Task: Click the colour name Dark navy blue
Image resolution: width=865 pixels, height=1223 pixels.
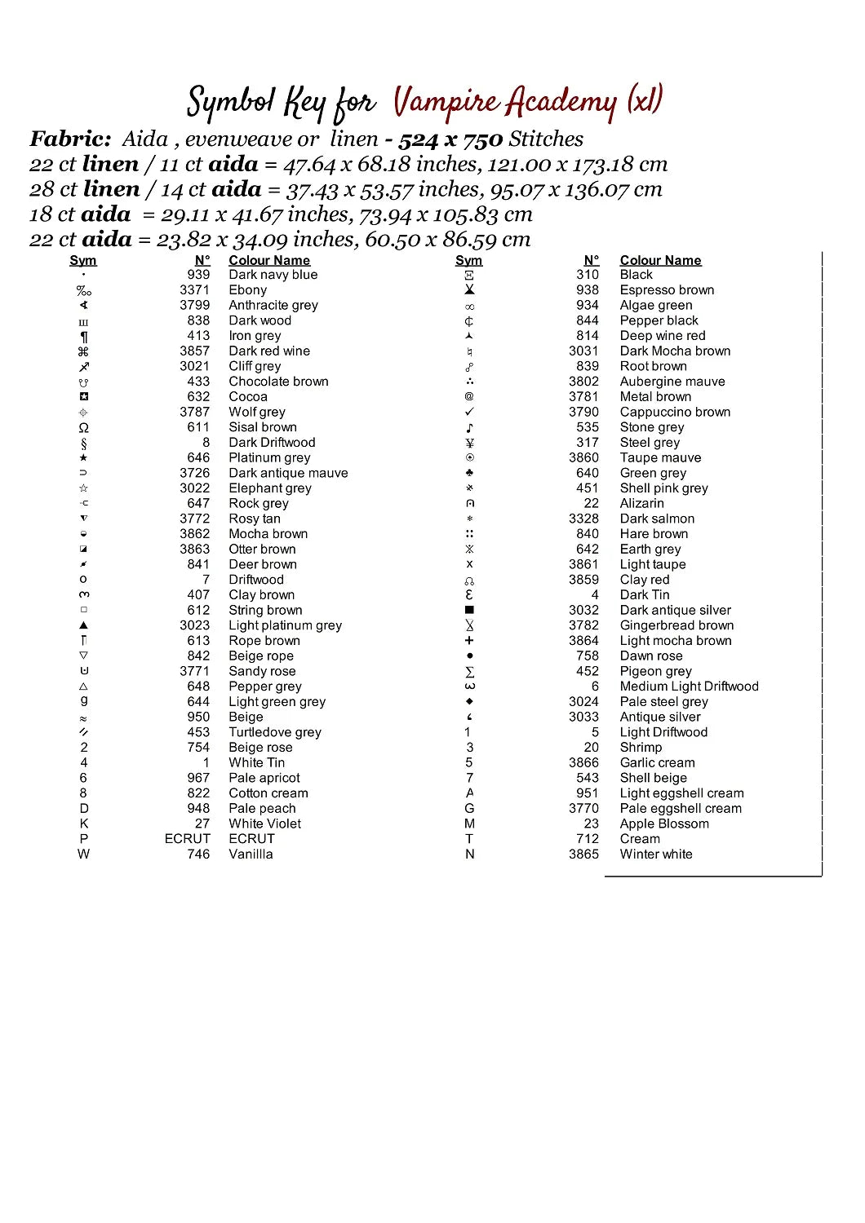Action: [273, 275]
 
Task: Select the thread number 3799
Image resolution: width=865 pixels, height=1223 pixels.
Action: [194, 305]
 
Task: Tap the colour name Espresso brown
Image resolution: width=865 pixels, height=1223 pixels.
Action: [667, 290]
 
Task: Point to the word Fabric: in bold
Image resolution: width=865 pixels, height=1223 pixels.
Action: [70, 139]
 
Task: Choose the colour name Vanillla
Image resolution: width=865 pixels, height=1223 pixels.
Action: [251, 854]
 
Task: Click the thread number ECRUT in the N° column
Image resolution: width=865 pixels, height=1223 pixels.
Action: [187, 839]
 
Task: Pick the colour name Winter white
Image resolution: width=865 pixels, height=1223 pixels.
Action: [655, 854]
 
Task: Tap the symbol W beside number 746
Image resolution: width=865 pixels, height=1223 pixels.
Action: [83, 854]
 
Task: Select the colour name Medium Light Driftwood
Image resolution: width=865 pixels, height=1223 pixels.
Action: [689, 687]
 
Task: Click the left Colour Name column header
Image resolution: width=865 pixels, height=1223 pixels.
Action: [269, 260]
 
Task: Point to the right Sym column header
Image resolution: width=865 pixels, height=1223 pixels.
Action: [468, 260]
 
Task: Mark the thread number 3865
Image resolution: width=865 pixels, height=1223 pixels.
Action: [583, 854]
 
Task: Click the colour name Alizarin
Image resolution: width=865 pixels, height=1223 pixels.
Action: [641, 504]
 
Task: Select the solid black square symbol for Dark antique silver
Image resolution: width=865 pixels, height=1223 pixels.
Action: [469, 610]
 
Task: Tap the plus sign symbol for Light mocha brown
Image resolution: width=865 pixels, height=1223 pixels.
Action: [469, 641]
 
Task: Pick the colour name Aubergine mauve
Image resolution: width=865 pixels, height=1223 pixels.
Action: [672, 382]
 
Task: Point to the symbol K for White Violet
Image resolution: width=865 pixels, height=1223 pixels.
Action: [83, 823]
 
